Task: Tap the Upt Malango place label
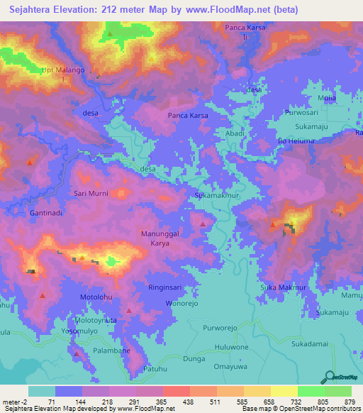(65, 73)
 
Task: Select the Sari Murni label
(91, 193)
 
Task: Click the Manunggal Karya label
(160, 236)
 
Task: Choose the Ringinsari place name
(167, 289)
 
